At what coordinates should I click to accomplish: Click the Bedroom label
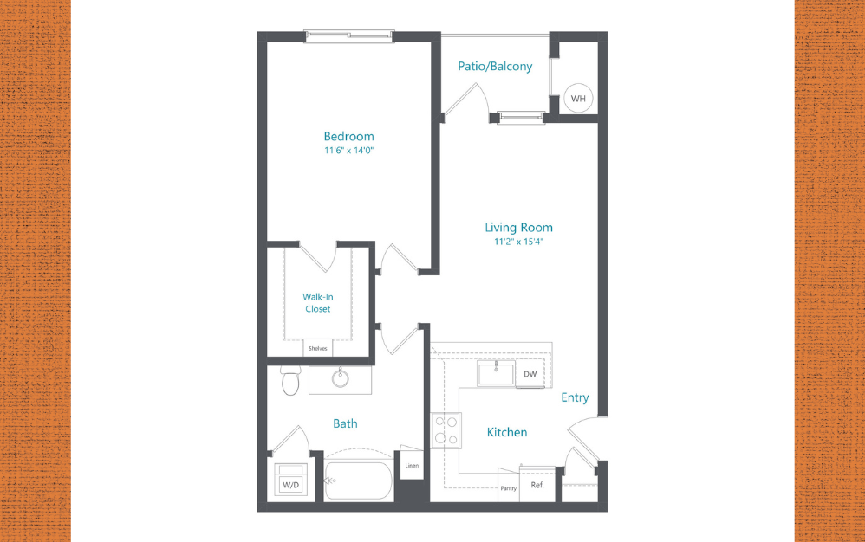[x=348, y=136]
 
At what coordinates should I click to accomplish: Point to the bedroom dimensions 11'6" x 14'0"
[x=348, y=151]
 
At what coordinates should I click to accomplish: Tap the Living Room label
[x=518, y=228]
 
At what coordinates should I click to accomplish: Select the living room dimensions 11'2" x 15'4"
[x=518, y=242]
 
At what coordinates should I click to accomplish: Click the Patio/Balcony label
[x=495, y=66]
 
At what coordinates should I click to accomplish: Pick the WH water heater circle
[x=578, y=99]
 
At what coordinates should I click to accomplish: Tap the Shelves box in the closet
[x=317, y=348]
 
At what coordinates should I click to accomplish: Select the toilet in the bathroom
[x=290, y=380]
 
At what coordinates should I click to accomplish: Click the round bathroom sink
[x=341, y=377]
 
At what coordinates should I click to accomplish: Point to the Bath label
[x=345, y=423]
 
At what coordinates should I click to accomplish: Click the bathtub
[x=358, y=481]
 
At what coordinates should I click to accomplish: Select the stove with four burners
[x=446, y=430]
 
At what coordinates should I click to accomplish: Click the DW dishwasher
[x=530, y=374]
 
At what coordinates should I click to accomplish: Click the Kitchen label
[x=506, y=432]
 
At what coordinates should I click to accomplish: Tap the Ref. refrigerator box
[x=537, y=485]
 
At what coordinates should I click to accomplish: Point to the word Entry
[x=575, y=397]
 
